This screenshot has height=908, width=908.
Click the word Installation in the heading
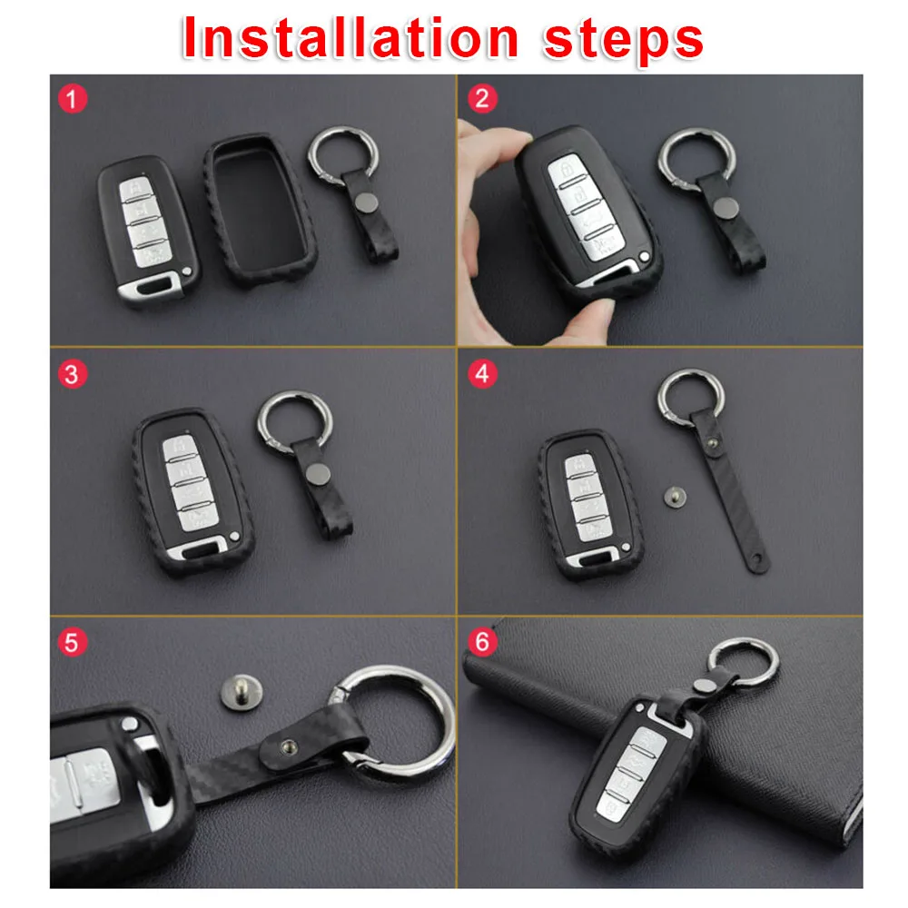point(350,38)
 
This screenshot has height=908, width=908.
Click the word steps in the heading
point(624,41)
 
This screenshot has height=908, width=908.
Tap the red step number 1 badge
point(73,98)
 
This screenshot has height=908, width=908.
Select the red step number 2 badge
point(482,98)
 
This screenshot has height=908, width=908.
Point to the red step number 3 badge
point(73,374)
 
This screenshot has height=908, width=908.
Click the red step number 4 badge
point(482,374)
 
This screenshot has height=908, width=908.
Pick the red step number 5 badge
point(73,643)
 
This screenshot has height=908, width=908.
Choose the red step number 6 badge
point(482,642)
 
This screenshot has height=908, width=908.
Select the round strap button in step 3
point(317,474)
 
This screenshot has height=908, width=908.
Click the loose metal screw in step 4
point(675,497)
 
